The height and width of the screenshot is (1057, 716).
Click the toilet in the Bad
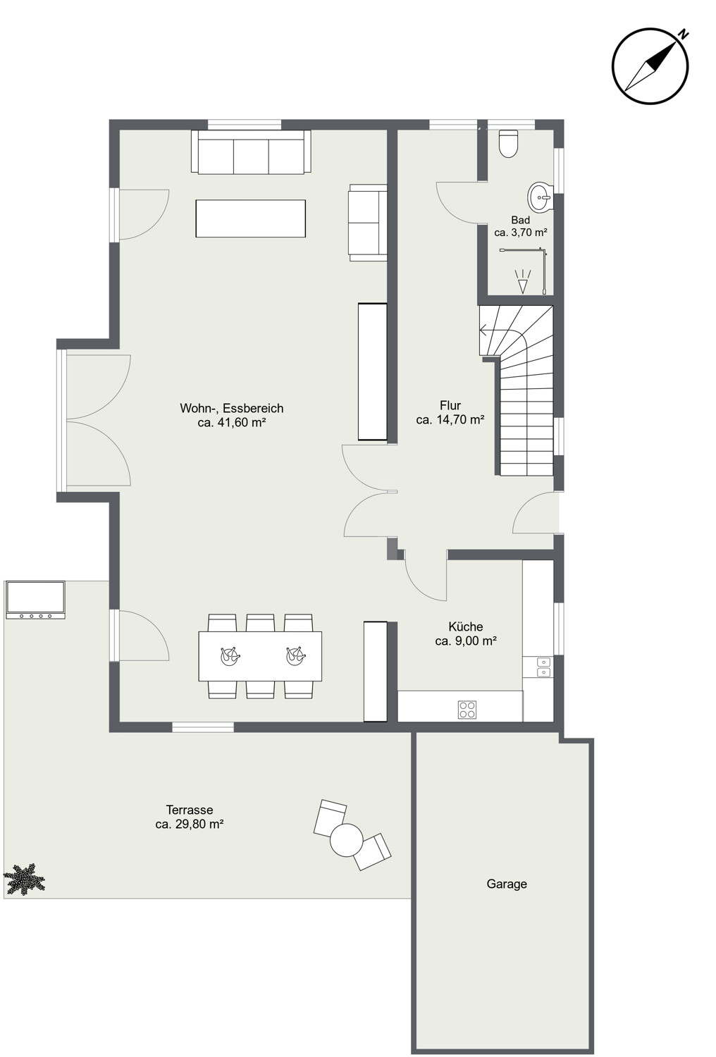pos(508,144)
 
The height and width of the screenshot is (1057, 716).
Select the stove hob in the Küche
pos(467,709)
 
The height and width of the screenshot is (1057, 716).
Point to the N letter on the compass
pos(683,35)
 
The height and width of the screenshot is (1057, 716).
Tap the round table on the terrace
pos(347,840)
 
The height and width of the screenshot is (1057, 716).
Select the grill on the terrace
pos(35,600)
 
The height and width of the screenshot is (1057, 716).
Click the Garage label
pos(507,884)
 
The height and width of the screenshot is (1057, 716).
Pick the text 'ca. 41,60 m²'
pos(232,422)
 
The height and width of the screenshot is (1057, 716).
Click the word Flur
pos(450,405)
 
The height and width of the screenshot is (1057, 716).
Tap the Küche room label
pos(465,626)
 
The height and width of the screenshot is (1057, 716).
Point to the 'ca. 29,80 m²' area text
pos(190,824)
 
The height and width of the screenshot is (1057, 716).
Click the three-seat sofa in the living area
pos(251,152)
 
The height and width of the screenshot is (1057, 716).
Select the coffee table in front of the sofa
pos(251,218)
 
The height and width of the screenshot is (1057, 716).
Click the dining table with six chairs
pos(260,656)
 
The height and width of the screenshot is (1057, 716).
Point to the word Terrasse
pos(190,810)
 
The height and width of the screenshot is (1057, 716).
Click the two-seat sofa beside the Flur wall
pos(368,222)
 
